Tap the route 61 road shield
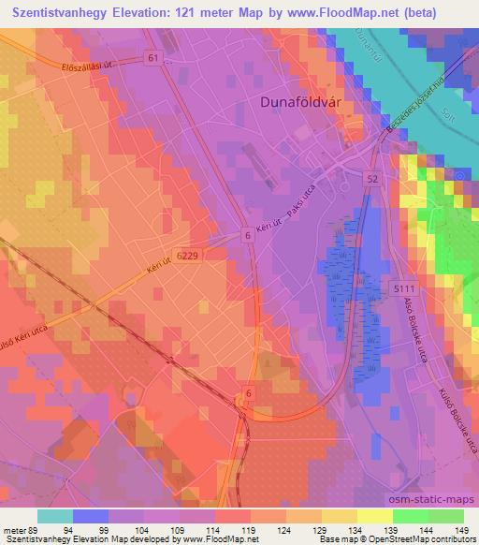152,58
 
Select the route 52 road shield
371,179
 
